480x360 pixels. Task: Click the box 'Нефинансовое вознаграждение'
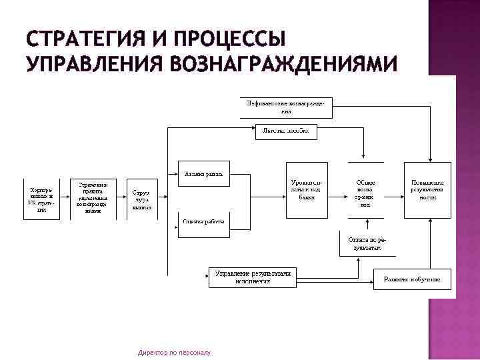[x=286, y=107]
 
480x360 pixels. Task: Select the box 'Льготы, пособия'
[x=286, y=132]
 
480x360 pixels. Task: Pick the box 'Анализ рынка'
[x=203, y=173]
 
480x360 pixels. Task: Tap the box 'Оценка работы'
[x=203, y=223]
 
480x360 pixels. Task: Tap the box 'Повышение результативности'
[x=427, y=189]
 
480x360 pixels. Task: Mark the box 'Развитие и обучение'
[x=412, y=278]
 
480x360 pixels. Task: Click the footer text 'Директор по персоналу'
[x=173, y=351]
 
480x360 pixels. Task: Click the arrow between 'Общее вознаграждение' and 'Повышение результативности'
[x=393, y=189]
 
